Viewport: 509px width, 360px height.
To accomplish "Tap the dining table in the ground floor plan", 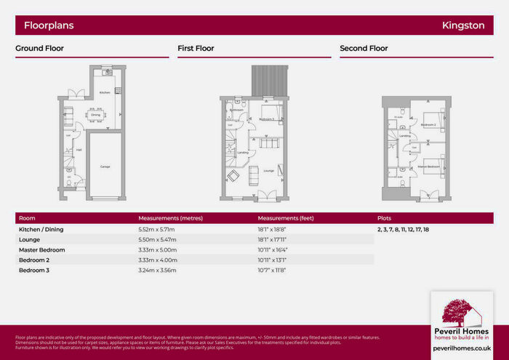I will click(x=95, y=115).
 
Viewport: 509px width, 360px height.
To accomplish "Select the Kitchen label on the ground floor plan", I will click(x=104, y=93).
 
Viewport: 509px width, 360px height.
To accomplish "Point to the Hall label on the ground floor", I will click(x=79, y=151).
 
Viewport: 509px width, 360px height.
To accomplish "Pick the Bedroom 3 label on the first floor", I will click(x=267, y=119).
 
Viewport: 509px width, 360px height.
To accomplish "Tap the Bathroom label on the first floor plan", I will click(x=237, y=111).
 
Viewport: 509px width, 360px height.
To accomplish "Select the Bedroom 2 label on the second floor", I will click(x=428, y=125).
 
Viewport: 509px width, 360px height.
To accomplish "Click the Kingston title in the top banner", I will click(x=463, y=25).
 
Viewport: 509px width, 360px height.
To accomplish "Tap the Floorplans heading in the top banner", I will click(x=49, y=25).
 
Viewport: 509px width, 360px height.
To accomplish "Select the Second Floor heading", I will click(x=364, y=49).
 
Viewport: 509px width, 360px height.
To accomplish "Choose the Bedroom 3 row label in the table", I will click(x=35, y=270).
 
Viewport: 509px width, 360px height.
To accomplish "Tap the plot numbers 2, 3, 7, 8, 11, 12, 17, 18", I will click(x=403, y=229).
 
